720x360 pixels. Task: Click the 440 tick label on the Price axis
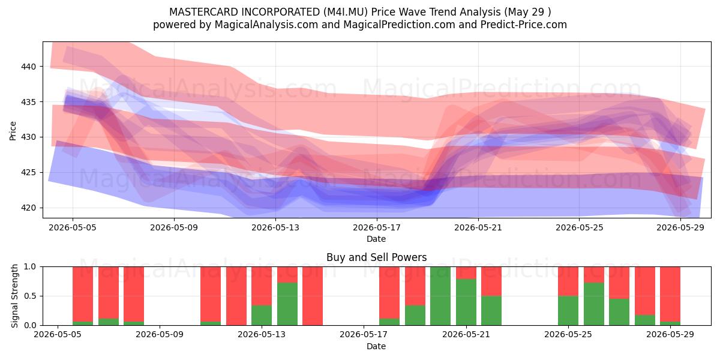click(x=28, y=67)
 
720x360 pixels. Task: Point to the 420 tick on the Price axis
click(x=28, y=208)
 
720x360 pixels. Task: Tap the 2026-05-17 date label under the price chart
click(x=377, y=227)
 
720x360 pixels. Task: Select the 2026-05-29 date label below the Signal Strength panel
click(x=670, y=334)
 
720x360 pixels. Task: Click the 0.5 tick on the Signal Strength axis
click(x=30, y=296)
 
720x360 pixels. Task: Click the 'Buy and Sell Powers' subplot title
click(x=376, y=257)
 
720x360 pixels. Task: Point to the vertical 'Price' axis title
click(x=13, y=131)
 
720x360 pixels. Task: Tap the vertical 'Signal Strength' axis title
click(x=14, y=296)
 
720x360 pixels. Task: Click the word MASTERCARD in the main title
click(x=204, y=12)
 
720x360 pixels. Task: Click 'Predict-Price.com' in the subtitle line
click(x=524, y=25)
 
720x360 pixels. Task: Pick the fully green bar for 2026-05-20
click(x=440, y=296)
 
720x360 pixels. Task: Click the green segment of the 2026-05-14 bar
click(x=287, y=304)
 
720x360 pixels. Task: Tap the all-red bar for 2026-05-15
click(x=313, y=296)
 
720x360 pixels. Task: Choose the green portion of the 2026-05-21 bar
click(x=466, y=302)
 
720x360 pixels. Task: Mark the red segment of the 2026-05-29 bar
click(x=670, y=294)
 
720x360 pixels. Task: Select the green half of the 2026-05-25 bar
click(x=568, y=311)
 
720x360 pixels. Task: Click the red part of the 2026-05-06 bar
click(x=83, y=294)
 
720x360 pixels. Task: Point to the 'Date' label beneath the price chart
click(x=376, y=239)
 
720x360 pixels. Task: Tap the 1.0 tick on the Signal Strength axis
click(x=30, y=267)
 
